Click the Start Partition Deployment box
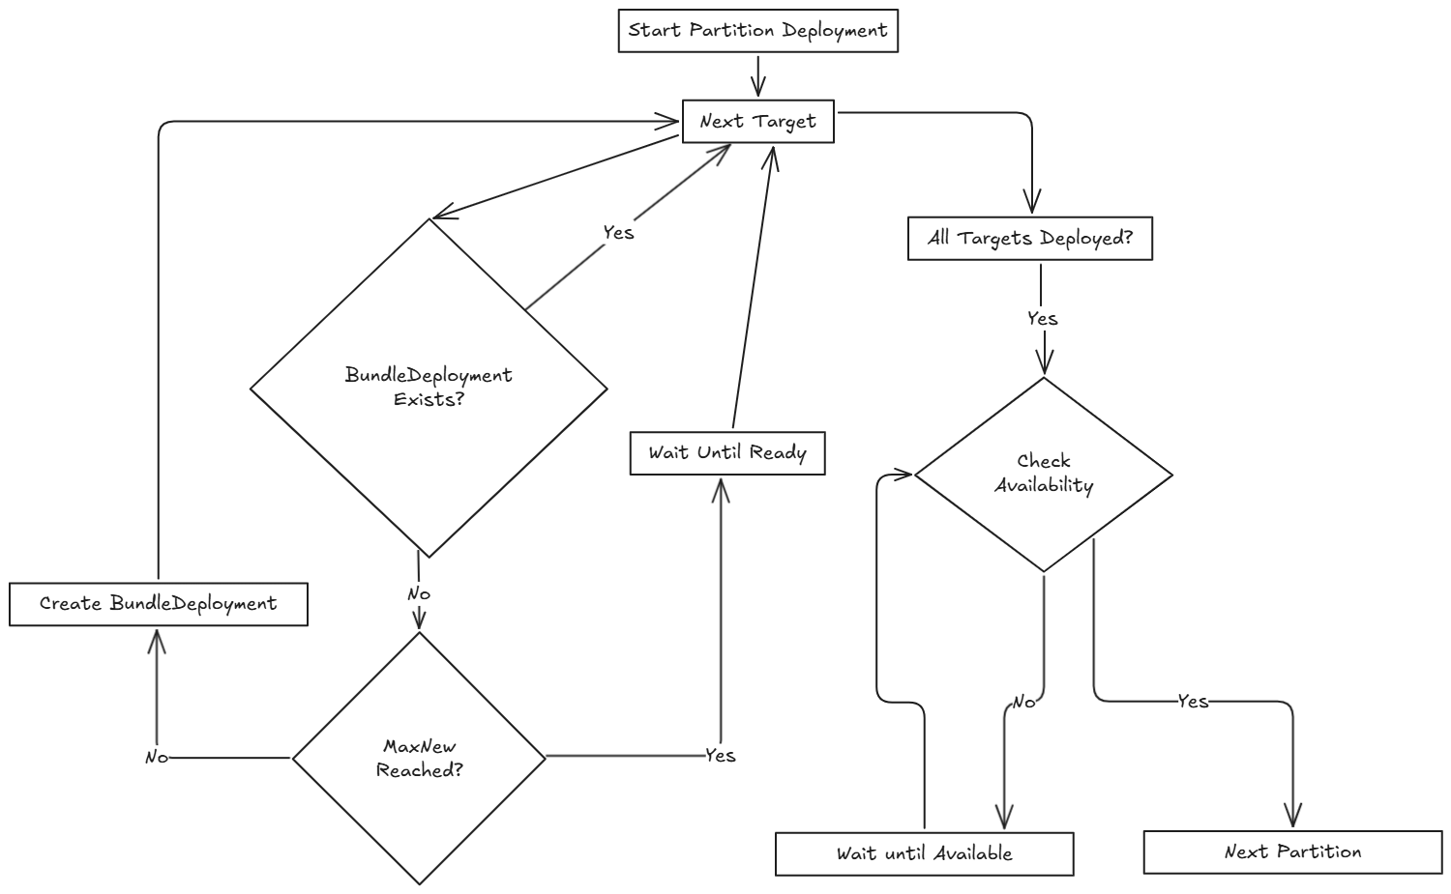pos(757,30)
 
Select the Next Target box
pos(757,122)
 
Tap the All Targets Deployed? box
pos(1029,238)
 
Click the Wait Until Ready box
pos(726,453)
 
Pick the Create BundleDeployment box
pos(158,604)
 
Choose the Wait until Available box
pos(924,853)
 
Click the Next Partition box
pos(1292,851)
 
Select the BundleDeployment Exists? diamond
pos(429,388)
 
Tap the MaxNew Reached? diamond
pos(419,759)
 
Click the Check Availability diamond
pos(1043,474)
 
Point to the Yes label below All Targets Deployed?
pos(1042,318)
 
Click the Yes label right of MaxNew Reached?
pos(720,755)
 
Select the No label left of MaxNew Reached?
pos(156,758)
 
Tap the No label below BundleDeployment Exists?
pos(418,593)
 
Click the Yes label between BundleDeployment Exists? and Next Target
pos(618,232)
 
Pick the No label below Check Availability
pos(1023,702)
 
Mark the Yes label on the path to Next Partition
pos(1193,701)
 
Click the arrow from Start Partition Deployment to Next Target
pos(757,75)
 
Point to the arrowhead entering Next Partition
pos(1292,817)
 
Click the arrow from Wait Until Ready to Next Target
pos(753,290)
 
